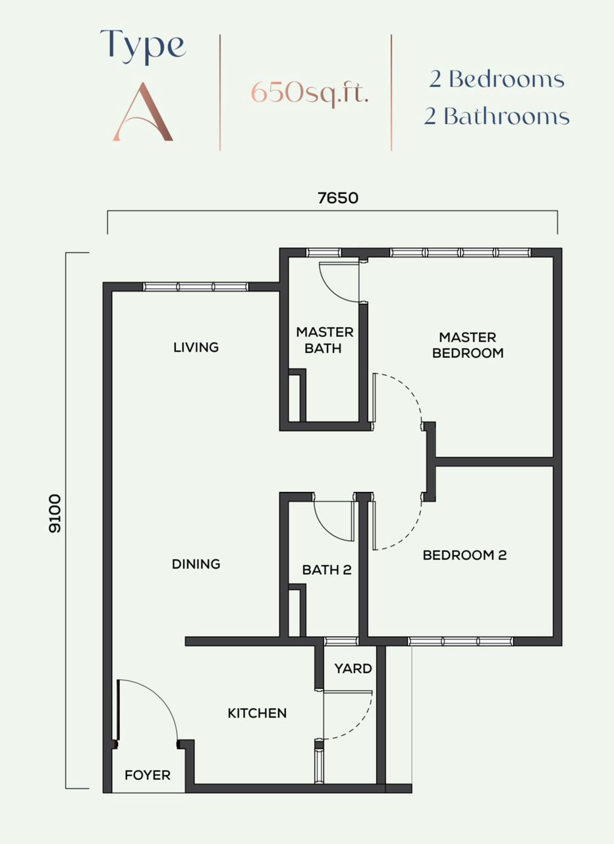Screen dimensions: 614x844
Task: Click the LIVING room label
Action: (196, 347)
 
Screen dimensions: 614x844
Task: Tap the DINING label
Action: (196, 564)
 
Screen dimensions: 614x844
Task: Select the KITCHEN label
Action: (257, 713)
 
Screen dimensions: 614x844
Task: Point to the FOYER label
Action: (148, 775)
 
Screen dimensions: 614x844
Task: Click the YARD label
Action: (353, 669)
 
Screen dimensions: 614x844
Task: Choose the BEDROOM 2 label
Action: (464, 555)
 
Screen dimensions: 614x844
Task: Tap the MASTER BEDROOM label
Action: (468, 345)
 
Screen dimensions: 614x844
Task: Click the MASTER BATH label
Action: (325, 340)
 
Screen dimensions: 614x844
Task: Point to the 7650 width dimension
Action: (338, 198)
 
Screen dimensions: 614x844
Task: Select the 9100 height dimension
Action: (55, 513)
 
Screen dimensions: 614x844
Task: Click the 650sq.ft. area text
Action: (310, 93)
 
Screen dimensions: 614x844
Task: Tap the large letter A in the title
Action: (143, 112)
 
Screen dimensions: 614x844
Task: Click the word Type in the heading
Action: (143, 46)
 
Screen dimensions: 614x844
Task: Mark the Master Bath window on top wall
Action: (323, 253)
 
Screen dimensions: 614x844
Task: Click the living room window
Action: (196, 287)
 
